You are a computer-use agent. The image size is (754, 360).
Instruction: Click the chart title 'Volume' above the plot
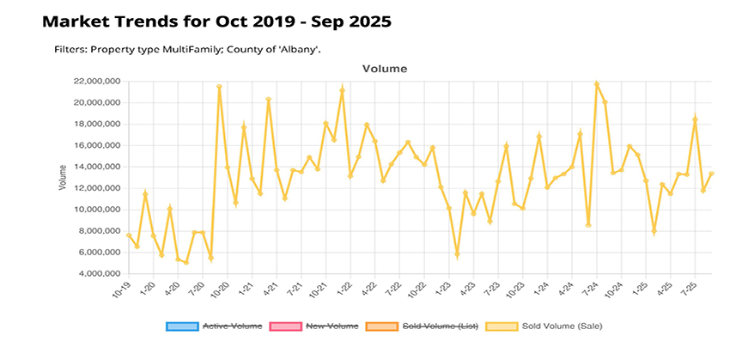[x=384, y=68]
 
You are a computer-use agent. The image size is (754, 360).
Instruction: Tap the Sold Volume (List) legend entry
[x=440, y=326]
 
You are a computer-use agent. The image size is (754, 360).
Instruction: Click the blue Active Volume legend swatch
[x=180, y=326]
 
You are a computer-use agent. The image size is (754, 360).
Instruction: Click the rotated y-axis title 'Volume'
[x=62, y=178]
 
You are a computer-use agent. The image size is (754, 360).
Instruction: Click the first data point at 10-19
[x=129, y=235]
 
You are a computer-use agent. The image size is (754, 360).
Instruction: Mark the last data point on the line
[x=711, y=174]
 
